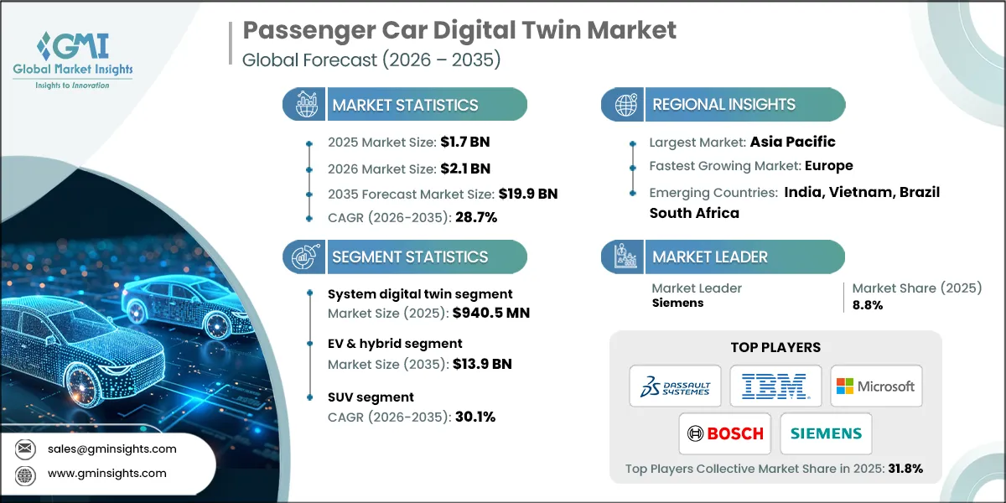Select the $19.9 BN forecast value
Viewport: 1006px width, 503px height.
(528, 194)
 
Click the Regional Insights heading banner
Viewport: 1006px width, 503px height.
(723, 105)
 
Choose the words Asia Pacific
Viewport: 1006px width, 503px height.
(792, 142)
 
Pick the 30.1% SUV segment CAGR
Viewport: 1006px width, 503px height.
(474, 417)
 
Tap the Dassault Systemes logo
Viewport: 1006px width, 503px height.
(675, 386)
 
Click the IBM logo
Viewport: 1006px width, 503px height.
(775, 386)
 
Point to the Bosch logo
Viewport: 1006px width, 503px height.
(725, 433)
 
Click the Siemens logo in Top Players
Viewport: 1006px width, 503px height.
(826, 433)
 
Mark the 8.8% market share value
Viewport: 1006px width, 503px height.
(867, 305)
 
